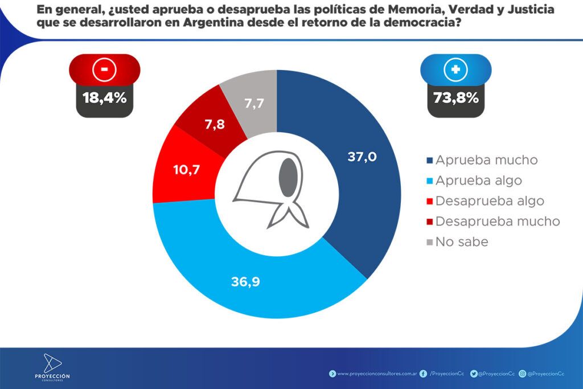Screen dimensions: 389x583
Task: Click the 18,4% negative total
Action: [104, 97]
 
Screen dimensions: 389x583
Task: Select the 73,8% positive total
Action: [455, 97]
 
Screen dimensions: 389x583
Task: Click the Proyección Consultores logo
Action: [52, 367]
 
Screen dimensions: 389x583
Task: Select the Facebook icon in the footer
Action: [423, 374]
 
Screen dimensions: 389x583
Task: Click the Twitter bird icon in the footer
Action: [474, 374]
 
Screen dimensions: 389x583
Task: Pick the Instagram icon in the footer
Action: [522, 374]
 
